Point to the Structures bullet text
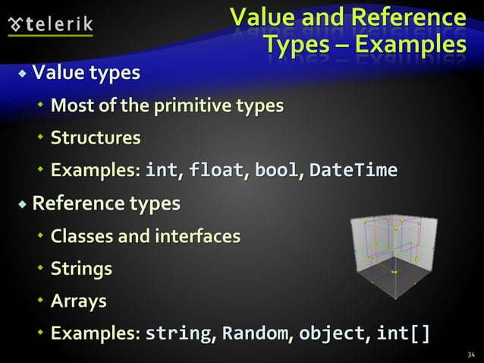tap(96, 137)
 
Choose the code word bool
tap(277, 170)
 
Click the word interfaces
tap(197, 236)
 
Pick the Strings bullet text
tap(81, 269)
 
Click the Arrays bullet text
tap(78, 301)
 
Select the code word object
tap(330, 334)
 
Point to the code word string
tap(177, 334)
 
